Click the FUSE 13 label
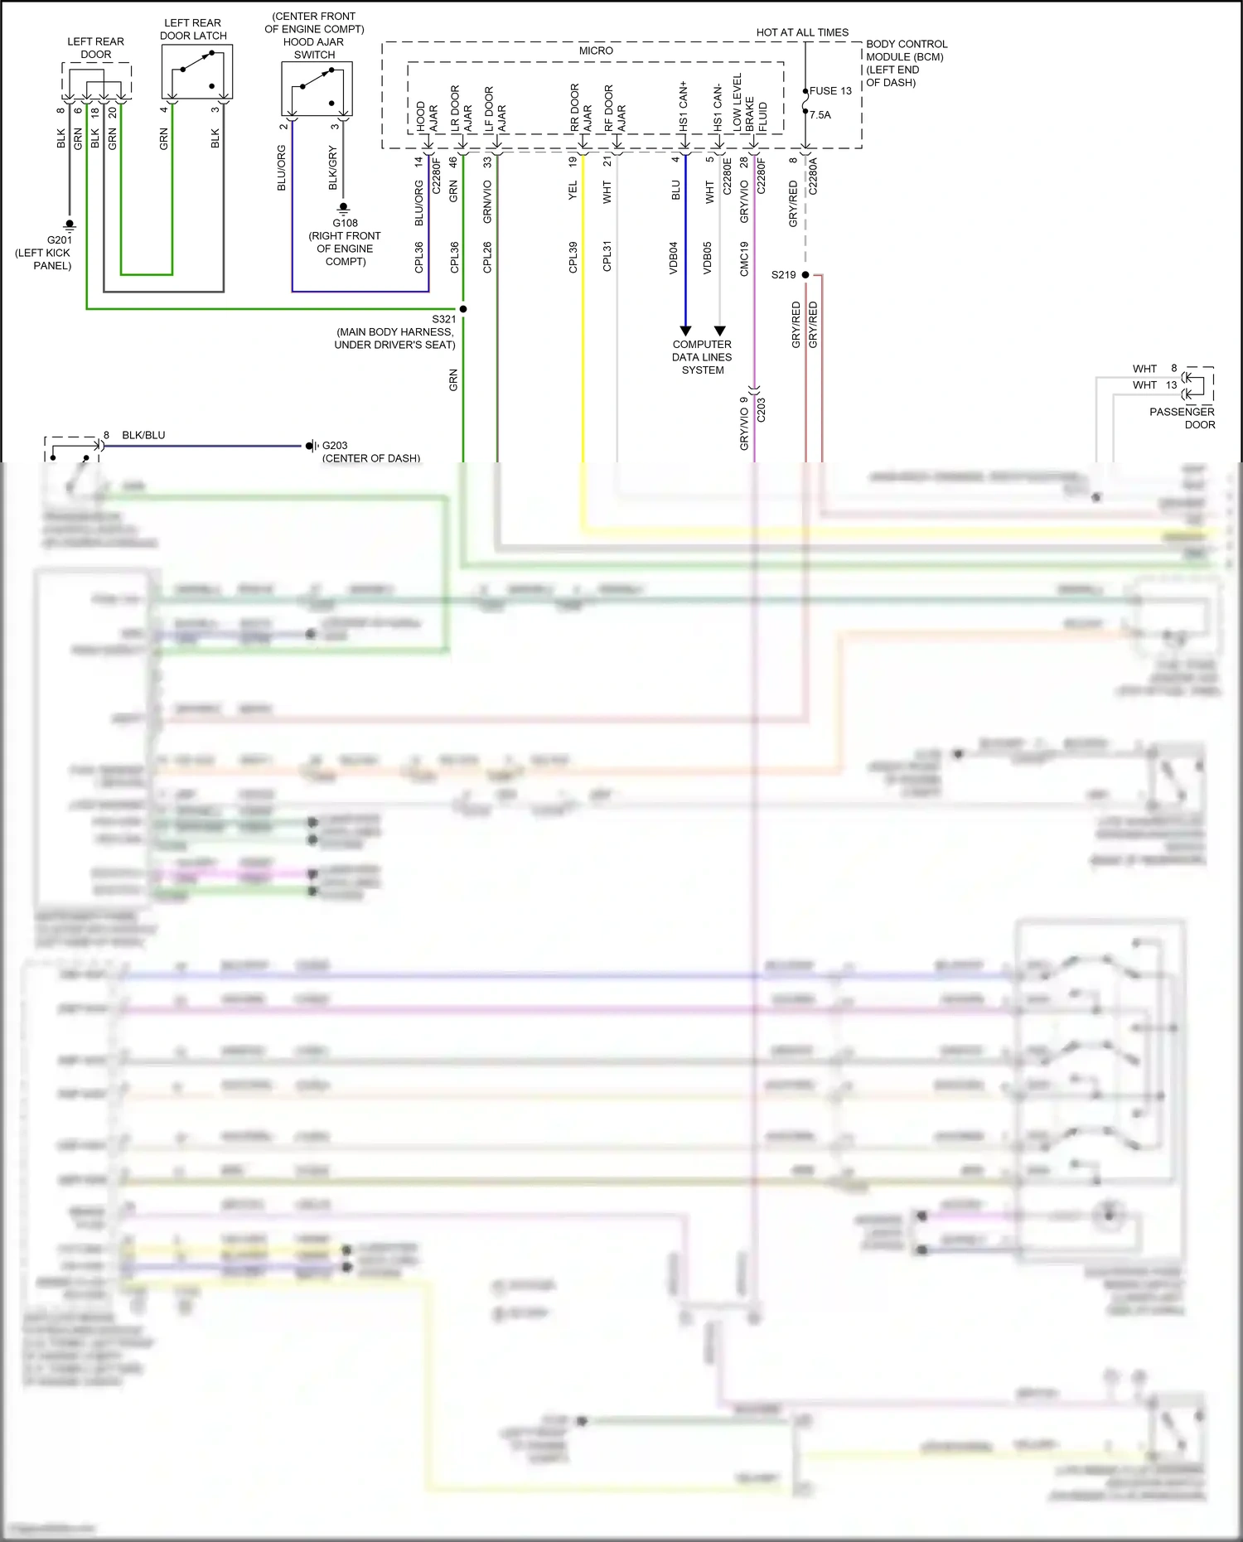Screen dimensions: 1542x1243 coord(830,91)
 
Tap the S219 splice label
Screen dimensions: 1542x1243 coord(783,274)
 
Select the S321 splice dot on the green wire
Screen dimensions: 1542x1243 coord(463,309)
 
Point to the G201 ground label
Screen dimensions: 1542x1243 coord(60,239)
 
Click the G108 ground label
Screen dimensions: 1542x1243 coord(345,223)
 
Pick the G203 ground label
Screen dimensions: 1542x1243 coord(335,446)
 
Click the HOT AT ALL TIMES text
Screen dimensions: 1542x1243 coord(802,32)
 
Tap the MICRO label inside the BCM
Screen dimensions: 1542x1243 coord(596,51)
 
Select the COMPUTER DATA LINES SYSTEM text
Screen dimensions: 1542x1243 coord(702,357)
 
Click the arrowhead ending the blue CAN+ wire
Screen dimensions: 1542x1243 coord(685,331)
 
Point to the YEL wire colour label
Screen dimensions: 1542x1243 coord(573,191)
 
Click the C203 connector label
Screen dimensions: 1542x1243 coord(762,410)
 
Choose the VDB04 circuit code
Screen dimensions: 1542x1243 coord(674,258)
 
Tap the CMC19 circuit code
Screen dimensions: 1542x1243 coord(744,259)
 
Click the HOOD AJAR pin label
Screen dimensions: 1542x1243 coord(427,117)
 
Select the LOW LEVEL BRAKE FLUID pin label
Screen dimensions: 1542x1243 coord(749,104)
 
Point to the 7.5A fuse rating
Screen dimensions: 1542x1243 coord(820,115)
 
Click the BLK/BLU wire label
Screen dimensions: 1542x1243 coord(143,435)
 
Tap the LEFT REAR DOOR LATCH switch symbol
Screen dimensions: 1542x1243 coord(196,72)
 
